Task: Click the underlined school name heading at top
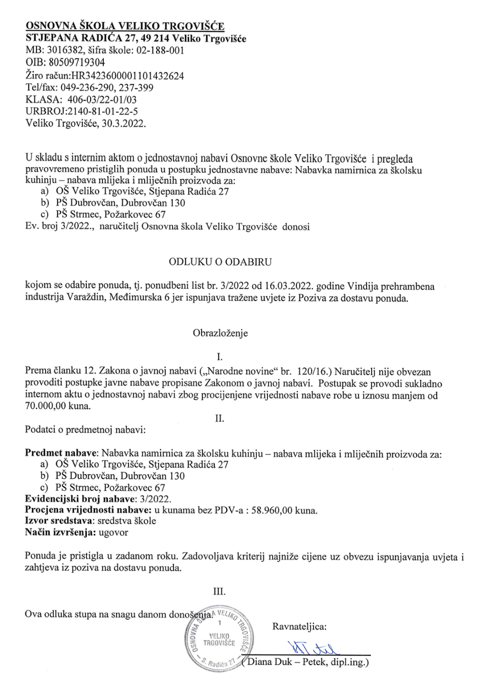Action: pyautogui.click(x=125, y=26)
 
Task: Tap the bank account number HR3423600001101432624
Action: pyautogui.click(x=128, y=75)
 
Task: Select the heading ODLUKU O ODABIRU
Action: pyautogui.click(x=221, y=261)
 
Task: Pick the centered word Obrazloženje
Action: pyautogui.click(x=220, y=332)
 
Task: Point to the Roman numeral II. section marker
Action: pyautogui.click(x=220, y=418)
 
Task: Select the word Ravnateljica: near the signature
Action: pyautogui.click(x=300, y=627)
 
